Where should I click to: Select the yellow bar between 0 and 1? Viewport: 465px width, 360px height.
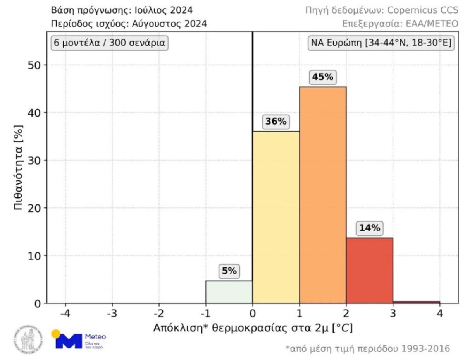pos(276,217)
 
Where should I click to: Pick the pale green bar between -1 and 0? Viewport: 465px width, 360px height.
pos(229,292)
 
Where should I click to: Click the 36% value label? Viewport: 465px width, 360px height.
pos(276,122)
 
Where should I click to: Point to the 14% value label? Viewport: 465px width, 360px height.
pos(369,228)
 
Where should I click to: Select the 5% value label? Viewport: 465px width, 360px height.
pos(229,271)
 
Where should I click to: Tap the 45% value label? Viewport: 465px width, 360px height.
pos(323,77)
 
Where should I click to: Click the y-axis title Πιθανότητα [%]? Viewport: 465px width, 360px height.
pos(19,167)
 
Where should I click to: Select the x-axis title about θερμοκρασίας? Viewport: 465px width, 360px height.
pos(253,328)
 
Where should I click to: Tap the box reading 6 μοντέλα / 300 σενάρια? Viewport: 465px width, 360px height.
pos(109,43)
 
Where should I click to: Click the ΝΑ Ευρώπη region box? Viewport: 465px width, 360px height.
pos(381,43)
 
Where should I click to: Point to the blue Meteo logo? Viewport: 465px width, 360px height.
pos(79,339)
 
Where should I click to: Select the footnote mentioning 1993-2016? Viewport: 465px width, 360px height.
pos(368,349)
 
